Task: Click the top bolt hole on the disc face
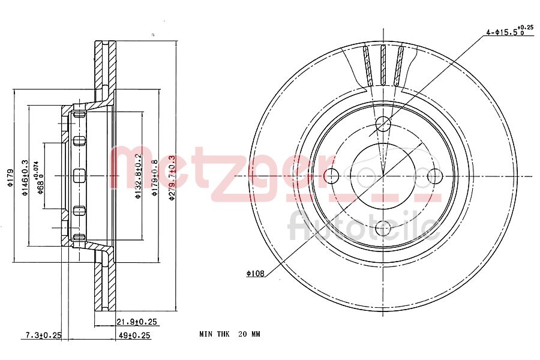pos(383,124)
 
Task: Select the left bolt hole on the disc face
pos(331,176)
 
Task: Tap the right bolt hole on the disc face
pos(434,176)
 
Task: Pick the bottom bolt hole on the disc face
pos(383,228)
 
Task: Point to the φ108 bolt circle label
pos(256,274)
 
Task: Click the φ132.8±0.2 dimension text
pos(139,177)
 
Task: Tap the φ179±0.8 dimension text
pos(155,177)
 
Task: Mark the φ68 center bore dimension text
pos(40,177)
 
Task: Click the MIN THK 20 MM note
pos(230,334)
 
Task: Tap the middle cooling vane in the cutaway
pos(383,65)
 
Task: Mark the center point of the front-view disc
pos(383,176)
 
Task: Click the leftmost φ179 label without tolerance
pos(10,177)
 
